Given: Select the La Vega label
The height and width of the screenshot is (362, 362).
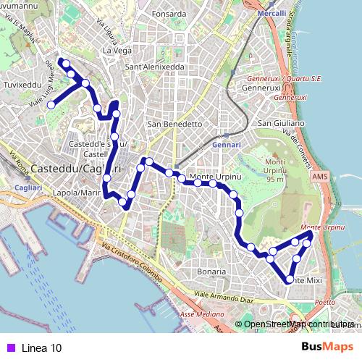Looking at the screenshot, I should [x=117, y=51].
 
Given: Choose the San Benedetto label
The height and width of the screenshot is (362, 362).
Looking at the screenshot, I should [x=174, y=124].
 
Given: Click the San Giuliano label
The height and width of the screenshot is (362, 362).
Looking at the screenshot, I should [x=279, y=123].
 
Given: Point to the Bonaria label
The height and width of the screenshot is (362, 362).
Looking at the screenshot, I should [x=211, y=271].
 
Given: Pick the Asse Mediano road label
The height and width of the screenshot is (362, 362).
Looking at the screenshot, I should [x=202, y=314].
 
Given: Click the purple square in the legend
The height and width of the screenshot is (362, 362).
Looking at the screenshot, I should [x=10, y=348].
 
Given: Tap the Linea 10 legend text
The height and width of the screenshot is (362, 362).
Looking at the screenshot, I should [x=42, y=348].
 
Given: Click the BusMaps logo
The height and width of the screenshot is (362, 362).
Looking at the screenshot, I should [x=328, y=347].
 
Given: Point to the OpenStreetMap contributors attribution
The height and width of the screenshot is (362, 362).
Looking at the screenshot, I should [x=298, y=324].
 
